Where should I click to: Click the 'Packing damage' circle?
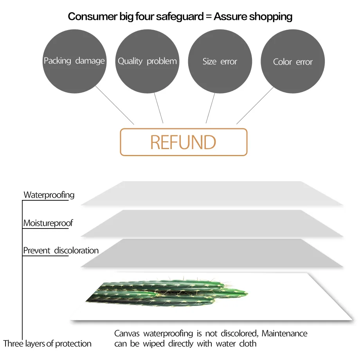(x=74, y=61)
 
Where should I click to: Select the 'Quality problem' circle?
(x=147, y=61)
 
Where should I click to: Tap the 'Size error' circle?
(x=220, y=61)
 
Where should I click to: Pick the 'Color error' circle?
(x=293, y=61)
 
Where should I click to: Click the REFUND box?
(x=183, y=142)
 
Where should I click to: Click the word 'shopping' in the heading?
(x=270, y=16)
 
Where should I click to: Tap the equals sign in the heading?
(x=207, y=17)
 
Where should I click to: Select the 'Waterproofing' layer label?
(x=49, y=195)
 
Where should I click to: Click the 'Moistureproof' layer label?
(x=48, y=223)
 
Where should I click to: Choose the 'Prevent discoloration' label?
(x=61, y=250)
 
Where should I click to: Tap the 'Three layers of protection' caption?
(x=47, y=344)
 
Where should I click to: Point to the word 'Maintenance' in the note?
(x=284, y=334)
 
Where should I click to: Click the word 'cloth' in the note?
(x=248, y=344)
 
